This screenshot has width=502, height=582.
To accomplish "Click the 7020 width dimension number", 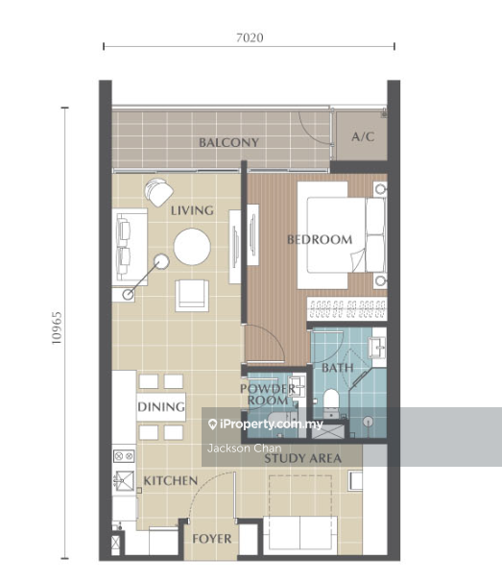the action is click(250, 37).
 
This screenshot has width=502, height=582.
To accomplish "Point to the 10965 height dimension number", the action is click(57, 328).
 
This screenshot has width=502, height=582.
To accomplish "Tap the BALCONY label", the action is click(228, 142).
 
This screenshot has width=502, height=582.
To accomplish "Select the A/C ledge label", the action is click(363, 137).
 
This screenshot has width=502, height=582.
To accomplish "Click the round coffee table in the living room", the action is click(192, 247).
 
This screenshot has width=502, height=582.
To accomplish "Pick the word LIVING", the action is click(192, 211).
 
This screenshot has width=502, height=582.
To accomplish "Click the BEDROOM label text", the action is click(320, 240).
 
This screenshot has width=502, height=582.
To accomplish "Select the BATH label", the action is click(337, 368).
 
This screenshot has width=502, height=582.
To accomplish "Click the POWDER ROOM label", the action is click(268, 395).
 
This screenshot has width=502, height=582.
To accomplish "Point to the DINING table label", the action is click(161, 407).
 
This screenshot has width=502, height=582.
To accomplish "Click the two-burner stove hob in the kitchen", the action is click(124, 456).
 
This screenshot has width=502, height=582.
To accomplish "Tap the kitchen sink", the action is click(124, 480).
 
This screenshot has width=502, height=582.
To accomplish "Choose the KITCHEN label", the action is click(170, 481).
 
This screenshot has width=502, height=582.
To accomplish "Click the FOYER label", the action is click(212, 539).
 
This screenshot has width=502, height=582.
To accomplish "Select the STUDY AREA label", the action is click(302, 459).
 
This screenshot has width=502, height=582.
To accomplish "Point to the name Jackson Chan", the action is click(244, 449).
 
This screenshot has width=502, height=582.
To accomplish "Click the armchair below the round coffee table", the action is click(192, 296).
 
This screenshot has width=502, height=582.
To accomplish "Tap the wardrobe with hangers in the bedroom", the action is click(347, 308).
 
